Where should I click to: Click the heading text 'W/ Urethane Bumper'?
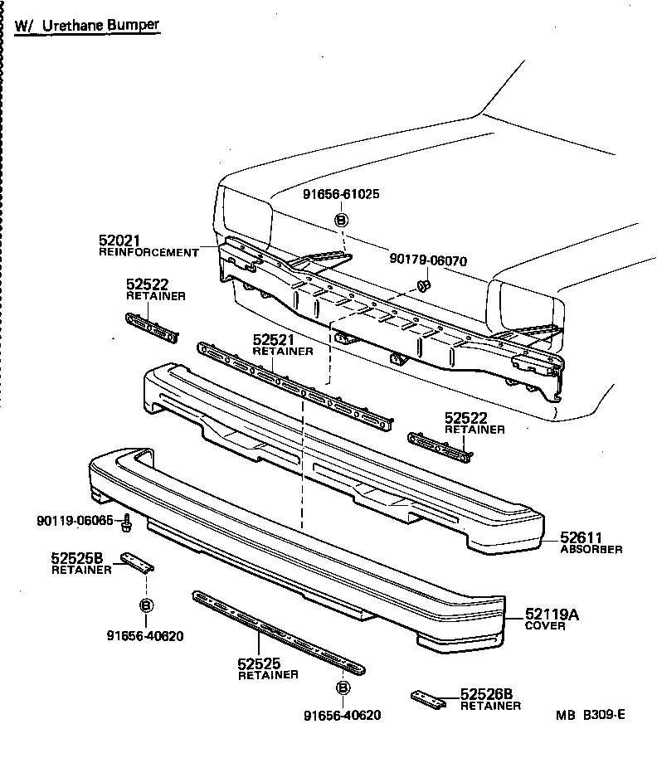tap(87, 25)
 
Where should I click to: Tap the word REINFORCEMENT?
tap(148, 252)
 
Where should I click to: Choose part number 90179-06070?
tap(428, 260)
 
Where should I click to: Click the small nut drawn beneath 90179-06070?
tap(422, 286)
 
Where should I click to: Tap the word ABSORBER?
tap(591, 549)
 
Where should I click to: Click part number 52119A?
tap(552, 615)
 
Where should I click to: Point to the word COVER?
tap(544, 626)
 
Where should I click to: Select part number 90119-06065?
tap(75, 521)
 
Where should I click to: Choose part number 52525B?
tap(76, 559)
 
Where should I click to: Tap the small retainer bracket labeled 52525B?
tap(138, 563)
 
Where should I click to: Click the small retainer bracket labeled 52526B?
tap(428, 699)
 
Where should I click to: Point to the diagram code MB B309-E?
tap(590, 714)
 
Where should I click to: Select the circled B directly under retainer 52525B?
tap(145, 605)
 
